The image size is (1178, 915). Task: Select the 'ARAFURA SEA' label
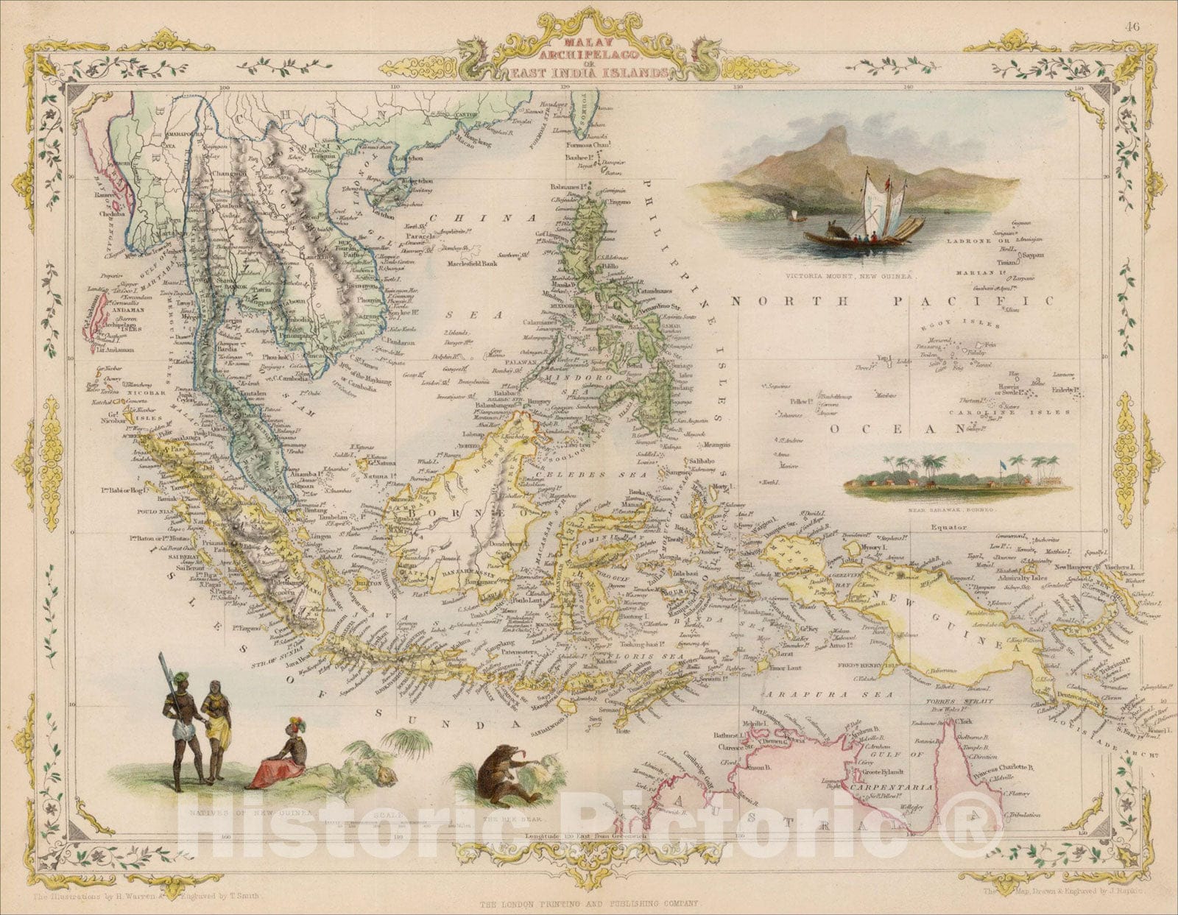click(x=828, y=694)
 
